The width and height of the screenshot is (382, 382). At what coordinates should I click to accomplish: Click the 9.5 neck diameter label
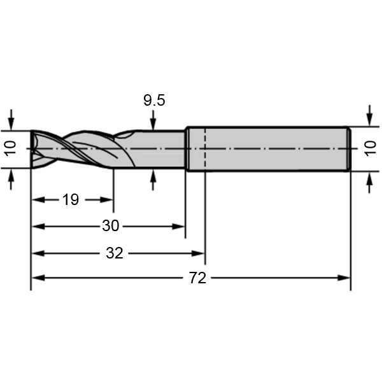coord(153,100)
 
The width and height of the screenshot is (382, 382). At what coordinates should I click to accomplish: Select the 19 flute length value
coord(71,200)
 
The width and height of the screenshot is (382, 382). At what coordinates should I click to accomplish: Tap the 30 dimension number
coord(111,226)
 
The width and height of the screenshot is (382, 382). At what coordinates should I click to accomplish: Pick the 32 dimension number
coord(114,253)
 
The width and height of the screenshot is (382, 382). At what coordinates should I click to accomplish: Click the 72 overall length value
coord(199,278)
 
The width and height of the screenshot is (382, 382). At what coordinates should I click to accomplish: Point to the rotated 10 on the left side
coord(9,149)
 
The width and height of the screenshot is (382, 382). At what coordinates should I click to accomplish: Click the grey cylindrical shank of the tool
coord(274,149)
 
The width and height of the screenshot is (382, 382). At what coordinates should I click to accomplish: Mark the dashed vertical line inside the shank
coord(205,149)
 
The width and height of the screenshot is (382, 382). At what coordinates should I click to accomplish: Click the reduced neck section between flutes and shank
coord(162,149)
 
